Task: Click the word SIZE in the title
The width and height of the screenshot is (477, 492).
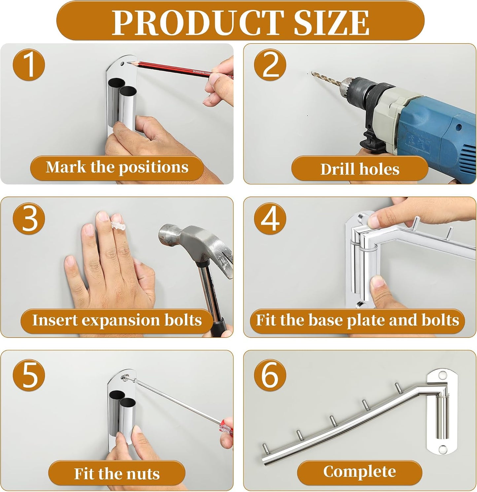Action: pyautogui.click(x=331, y=22)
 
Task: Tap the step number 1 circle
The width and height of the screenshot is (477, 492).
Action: pyautogui.click(x=29, y=65)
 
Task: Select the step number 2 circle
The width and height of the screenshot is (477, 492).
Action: pyautogui.click(x=270, y=65)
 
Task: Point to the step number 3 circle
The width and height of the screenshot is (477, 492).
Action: pyautogui.click(x=29, y=218)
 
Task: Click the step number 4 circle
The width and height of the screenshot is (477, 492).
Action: pyautogui.click(x=270, y=218)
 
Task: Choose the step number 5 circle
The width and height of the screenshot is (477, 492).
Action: pyautogui.click(x=29, y=375)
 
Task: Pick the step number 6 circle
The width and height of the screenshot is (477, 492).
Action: pyautogui.click(x=270, y=375)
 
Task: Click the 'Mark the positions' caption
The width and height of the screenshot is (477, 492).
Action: pyautogui.click(x=117, y=167)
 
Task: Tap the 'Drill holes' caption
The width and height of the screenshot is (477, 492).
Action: pyautogui.click(x=360, y=169)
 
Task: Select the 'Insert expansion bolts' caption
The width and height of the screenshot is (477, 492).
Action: pyautogui.click(x=117, y=320)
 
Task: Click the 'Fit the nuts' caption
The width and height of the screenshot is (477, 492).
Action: pyautogui.click(x=117, y=474)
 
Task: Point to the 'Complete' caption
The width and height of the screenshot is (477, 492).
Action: pyautogui.click(x=359, y=472)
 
